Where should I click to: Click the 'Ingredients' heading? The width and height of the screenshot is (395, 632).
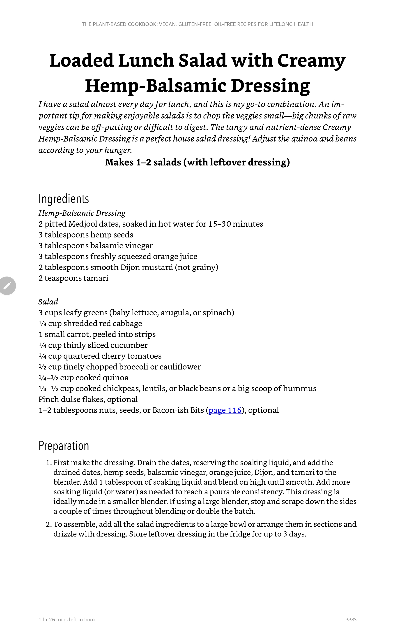coord(64,199)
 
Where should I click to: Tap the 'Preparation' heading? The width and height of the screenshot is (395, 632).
coord(64,446)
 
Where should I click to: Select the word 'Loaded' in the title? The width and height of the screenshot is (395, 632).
coord(81,60)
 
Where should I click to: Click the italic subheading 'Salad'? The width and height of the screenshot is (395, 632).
coord(48,302)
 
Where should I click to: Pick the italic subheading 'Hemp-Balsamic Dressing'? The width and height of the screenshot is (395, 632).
coord(82,213)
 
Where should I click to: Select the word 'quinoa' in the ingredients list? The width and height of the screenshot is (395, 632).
coord(115,378)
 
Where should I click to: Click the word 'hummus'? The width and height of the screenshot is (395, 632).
coord(299,388)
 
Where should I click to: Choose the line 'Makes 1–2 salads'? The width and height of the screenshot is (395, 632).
coord(197,162)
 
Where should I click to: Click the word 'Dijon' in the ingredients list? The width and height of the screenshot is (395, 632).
coord(130,267)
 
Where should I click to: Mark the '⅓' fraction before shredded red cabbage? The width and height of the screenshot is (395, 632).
coord(42,323)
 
